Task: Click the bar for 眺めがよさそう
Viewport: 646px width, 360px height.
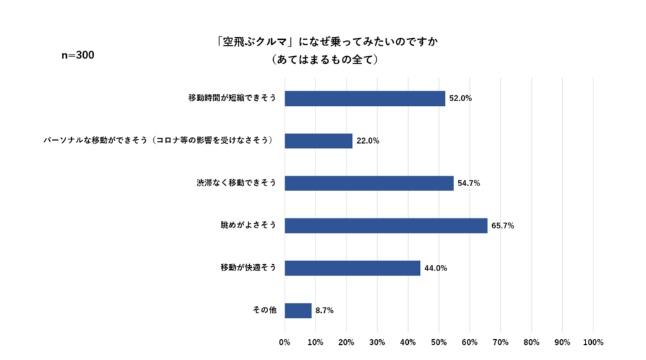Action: click(x=385, y=226)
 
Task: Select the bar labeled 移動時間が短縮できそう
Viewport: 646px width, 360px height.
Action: click(x=365, y=98)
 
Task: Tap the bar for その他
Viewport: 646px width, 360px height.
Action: click(x=298, y=310)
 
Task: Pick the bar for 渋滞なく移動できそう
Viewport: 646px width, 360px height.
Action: click(x=369, y=183)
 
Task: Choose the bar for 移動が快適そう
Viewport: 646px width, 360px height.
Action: click(x=352, y=268)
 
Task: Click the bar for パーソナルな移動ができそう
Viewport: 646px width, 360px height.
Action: click(x=319, y=141)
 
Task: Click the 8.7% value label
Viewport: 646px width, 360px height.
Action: click(x=324, y=310)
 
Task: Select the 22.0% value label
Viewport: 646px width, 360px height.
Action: click(x=367, y=141)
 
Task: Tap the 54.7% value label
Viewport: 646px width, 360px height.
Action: click(x=469, y=183)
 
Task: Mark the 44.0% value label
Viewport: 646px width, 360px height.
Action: click(x=435, y=268)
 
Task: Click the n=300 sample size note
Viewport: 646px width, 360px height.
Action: click(x=78, y=55)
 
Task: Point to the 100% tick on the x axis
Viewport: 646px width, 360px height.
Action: click(x=593, y=342)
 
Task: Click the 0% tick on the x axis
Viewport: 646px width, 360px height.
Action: click(x=285, y=342)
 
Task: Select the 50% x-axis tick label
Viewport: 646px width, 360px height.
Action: click(x=439, y=342)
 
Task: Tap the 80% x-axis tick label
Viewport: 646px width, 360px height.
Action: click(x=531, y=342)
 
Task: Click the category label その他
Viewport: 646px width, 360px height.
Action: click(x=264, y=310)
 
